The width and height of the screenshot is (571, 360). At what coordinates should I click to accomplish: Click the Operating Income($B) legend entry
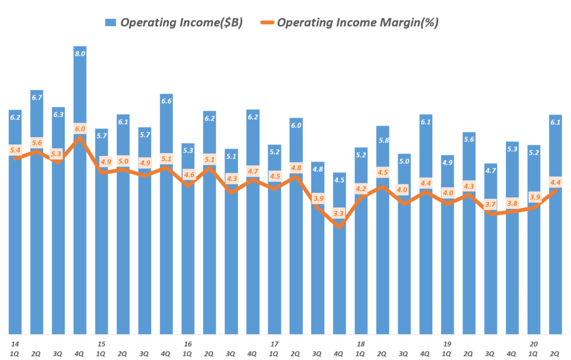coord(173,23)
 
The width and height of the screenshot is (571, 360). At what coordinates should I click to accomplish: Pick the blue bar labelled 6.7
coord(37,212)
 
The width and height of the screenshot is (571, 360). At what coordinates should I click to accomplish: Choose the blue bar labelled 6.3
coord(59,223)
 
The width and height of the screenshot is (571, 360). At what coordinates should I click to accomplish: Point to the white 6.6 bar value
coord(166,101)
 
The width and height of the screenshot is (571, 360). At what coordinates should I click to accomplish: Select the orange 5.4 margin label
coord(15,150)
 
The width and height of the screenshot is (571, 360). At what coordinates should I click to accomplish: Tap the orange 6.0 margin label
coord(80,129)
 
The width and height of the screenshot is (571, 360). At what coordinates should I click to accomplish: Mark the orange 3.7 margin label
coord(491,205)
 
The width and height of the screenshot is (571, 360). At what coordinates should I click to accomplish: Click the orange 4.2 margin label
coord(361,188)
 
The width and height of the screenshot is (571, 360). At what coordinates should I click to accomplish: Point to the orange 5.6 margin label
coord(37,143)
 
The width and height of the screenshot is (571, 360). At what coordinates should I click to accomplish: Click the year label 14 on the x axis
coord(15,344)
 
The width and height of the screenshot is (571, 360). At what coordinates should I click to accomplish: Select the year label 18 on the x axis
coord(361,344)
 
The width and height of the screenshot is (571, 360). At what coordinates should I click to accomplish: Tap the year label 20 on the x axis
coord(534,344)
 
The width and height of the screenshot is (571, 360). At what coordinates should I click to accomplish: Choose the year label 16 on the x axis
coord(188,344)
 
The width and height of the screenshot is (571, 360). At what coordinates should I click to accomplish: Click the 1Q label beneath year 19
coord(447,353)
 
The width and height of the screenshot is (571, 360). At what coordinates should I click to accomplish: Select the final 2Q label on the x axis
coord(555,353)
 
